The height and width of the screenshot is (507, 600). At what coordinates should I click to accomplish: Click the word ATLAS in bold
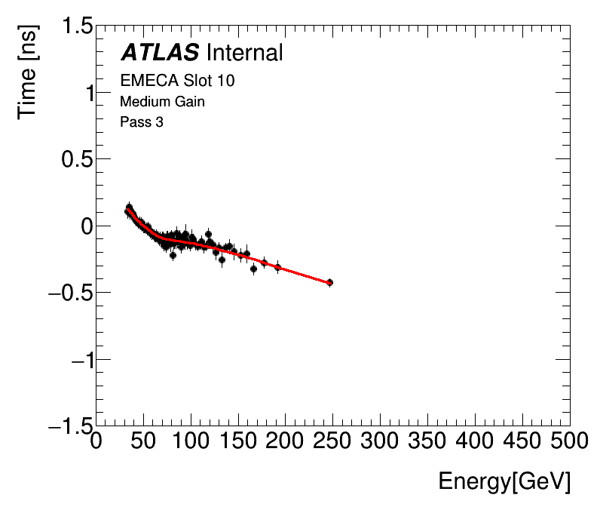pos(160,52)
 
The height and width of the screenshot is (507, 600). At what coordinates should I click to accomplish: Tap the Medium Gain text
pos(162,101)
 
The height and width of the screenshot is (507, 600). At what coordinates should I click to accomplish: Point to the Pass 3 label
pos(142,121)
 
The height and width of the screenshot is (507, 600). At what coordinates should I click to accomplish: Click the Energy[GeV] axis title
pos(504,481)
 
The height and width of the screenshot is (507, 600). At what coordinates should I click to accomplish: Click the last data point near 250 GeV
pos(329,282)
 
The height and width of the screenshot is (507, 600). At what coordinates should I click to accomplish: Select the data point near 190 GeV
pos(277,267)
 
